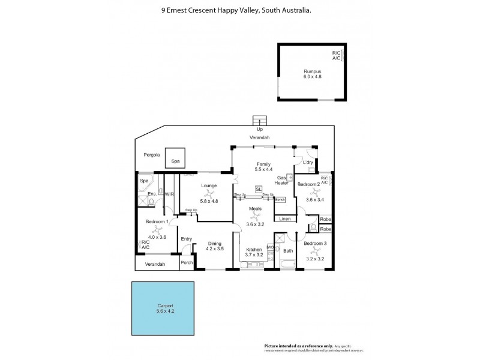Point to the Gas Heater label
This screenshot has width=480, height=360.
(281, 181)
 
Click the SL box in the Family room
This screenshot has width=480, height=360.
(259, 189)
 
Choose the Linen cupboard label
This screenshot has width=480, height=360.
(285, 219)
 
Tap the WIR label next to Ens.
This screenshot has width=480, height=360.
(169, 194)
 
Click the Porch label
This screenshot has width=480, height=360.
(187, 262)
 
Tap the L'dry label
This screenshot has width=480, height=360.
(308, 163)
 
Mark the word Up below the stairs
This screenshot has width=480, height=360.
(259, 129)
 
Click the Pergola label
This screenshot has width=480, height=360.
(151, 155)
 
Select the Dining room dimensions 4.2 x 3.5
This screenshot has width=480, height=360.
(214, 248)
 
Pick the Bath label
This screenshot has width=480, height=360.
(288, 250)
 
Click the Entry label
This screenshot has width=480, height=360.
(187, 239)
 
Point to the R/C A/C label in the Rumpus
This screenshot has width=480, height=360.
(336, 56)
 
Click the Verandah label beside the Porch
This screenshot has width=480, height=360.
(155, 264)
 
